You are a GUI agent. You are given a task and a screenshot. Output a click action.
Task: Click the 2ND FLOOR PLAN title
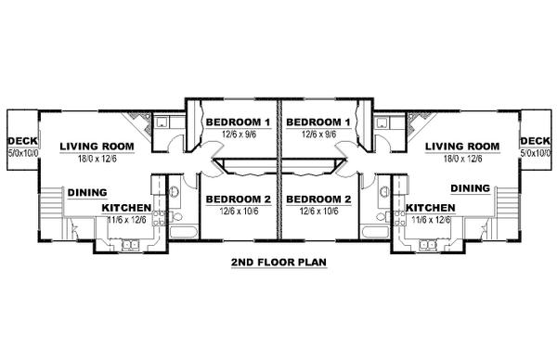point(278,263)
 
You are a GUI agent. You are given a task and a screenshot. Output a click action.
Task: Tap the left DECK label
point(22,141)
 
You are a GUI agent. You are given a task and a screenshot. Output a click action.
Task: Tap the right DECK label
point(535,141)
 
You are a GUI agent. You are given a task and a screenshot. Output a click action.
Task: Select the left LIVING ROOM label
point(97,147)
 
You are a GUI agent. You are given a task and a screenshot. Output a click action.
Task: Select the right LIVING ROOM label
point(462,147)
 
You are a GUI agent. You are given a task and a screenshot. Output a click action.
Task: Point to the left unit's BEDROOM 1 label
point(239,122)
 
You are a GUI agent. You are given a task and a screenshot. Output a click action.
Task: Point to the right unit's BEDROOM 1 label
point(318,122)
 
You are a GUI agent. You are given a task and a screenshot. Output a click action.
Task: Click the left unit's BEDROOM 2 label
point(239,199)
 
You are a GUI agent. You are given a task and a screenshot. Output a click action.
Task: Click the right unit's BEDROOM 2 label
point(318,199)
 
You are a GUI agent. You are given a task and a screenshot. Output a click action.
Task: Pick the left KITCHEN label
point(127,208)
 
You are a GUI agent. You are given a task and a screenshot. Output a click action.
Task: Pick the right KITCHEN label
point(431,208)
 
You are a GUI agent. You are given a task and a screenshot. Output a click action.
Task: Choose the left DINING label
point(87,193)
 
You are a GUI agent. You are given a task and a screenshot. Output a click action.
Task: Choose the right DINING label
point(471,188)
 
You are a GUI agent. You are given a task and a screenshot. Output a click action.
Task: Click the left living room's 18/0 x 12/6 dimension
point(97,159)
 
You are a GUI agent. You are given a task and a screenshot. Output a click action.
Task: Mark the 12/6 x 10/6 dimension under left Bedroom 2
point(239,212)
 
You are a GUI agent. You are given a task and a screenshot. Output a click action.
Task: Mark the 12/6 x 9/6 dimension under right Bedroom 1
point(319,135)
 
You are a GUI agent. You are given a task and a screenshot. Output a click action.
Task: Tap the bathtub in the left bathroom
point(183,232)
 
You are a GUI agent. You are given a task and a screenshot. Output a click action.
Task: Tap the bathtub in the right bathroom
point(374,232)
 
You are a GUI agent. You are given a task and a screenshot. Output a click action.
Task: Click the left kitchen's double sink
point(130,245)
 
